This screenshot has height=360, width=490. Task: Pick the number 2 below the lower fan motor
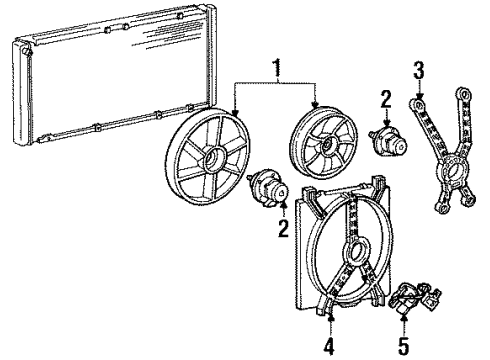point(282,229)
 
